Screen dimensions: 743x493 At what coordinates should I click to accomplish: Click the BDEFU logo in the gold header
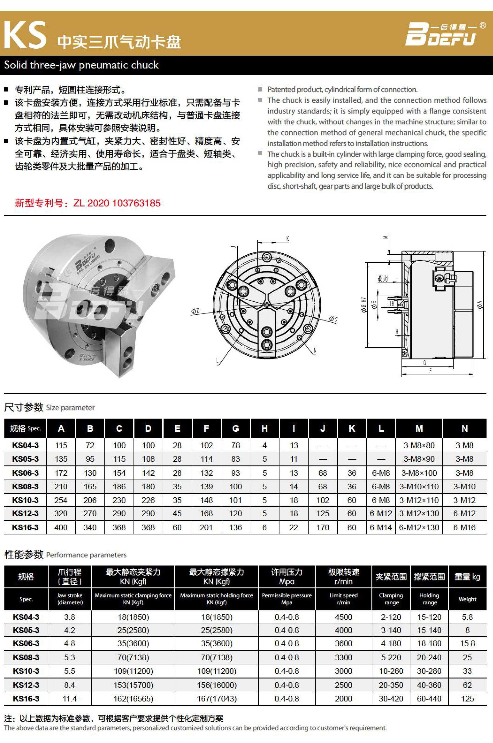[x=440, y=34]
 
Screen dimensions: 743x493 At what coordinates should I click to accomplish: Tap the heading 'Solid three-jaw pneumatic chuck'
[x=81, y=65]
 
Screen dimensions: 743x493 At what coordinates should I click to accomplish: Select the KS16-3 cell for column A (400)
[x=61, y=527]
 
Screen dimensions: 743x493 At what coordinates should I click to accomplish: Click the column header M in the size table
[x=419, y=428]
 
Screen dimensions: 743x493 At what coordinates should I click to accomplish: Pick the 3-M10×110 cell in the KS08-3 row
[x=419, y=487]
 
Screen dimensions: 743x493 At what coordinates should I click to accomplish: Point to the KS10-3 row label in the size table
[x=25, y=500]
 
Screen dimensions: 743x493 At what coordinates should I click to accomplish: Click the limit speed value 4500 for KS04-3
[x=343, y=617]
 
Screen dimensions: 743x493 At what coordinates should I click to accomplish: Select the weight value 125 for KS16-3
[x=467, y=699]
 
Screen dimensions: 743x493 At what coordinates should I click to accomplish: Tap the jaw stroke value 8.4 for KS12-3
[x=69, y=685]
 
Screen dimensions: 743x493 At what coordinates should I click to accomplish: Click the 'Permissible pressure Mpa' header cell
[x=287, y=599]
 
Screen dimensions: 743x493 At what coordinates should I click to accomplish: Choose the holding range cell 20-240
[x=429, y=657]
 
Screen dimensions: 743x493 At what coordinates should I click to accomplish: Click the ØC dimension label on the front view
[x=333, y=319]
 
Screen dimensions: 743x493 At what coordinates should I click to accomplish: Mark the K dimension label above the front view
[x=287, y=239]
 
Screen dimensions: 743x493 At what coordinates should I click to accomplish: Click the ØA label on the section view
[x=480, y=304]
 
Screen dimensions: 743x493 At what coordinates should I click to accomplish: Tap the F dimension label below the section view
[x=430, y=371]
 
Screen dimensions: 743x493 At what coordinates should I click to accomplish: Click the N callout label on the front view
[x=315, y=351]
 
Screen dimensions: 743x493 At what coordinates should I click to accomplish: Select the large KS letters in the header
[x=25, y=35]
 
